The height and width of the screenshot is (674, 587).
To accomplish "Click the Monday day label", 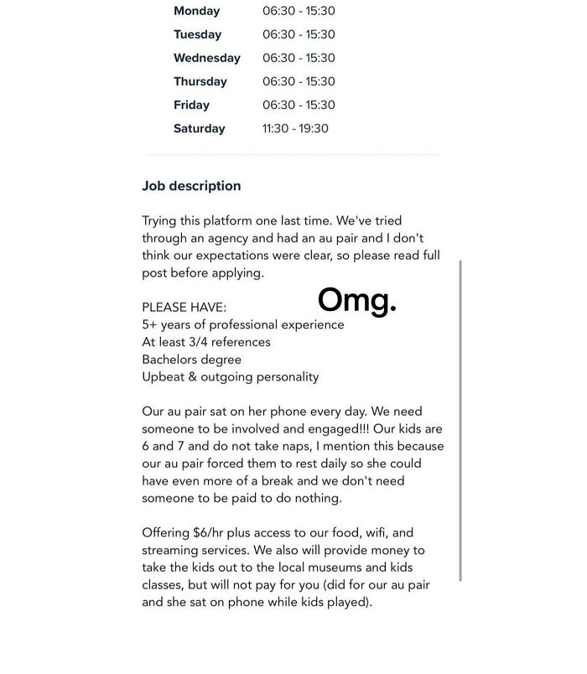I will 196,11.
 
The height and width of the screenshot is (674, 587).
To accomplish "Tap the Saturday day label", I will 199,128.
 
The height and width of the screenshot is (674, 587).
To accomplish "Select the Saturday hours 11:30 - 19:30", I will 295,128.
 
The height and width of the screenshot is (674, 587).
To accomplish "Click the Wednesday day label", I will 206,58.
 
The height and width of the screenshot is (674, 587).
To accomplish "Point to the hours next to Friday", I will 299,105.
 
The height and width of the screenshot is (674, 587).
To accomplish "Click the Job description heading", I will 191,186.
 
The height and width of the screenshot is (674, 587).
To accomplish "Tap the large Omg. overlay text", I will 356,299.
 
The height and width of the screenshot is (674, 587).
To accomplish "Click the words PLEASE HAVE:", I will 184,308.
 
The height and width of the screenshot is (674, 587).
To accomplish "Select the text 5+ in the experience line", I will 150,324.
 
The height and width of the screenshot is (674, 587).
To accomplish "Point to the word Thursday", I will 200,81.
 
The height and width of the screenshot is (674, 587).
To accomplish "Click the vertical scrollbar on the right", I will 460,419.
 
